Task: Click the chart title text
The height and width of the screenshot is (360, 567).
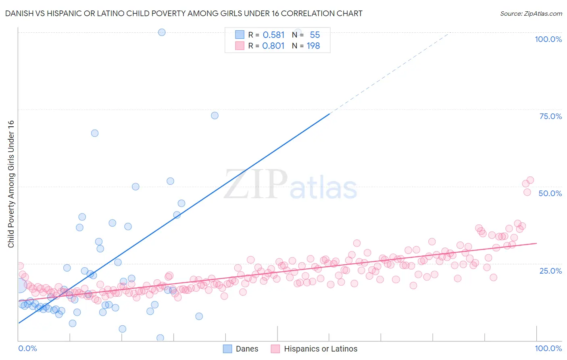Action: (183, 13)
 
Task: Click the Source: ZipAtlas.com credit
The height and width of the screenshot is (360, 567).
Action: (531, 13)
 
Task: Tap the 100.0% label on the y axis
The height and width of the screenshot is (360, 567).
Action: (548, 39)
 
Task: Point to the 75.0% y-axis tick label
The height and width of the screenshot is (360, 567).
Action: (550, 116)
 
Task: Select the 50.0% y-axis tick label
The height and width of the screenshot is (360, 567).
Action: (550, 193)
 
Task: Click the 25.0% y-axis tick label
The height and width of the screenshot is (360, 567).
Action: (550, 270)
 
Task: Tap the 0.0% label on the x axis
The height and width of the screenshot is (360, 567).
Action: (27, 348)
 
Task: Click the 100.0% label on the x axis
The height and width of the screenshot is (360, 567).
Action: (548, 348)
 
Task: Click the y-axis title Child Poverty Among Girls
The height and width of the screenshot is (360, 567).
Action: (11, 184)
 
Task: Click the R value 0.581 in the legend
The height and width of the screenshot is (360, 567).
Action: (273, 35)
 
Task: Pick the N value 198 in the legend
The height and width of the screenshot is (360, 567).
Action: (313, 46)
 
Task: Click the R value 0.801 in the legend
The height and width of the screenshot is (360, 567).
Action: (273, 46)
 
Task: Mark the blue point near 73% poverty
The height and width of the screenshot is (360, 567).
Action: (215, 115)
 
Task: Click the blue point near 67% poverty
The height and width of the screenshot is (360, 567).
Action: (95, 133)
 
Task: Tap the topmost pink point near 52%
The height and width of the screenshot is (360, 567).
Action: (530, 180)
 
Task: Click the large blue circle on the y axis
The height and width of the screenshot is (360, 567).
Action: (19, 285)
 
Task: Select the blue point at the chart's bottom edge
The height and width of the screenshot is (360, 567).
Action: (160, 338)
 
